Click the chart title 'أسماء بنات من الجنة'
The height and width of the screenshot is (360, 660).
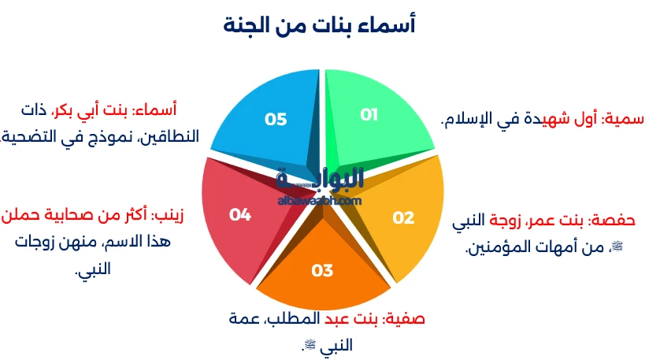(x=319, y=24)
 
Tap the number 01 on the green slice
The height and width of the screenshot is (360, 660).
(x=369, y=114)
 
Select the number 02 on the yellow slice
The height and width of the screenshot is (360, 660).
(x=403, y=217)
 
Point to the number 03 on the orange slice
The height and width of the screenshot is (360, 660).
(x=322, y=270)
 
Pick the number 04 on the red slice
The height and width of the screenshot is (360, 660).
(x=240, y=215)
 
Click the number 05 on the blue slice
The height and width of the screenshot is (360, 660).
(x=276, y=119)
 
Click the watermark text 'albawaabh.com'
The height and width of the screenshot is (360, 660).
(x=320, y=201)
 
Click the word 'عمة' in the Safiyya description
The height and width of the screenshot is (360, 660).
(x=243, y=319)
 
